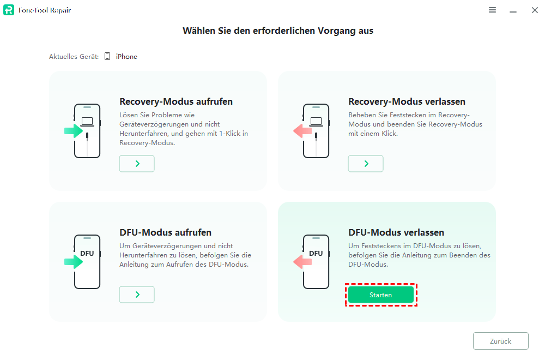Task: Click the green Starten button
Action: pos(380,295)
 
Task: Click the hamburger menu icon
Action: pos(492,10)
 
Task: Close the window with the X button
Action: pos(535,10)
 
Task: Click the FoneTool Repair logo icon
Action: pos(9,10)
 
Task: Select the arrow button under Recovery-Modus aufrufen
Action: pos(137,164)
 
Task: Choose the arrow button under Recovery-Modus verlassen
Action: pos(366,164)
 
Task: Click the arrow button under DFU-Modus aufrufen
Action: pos(137,295)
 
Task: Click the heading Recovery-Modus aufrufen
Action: pos(176,101)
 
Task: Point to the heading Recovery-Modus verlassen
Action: pos(407,101)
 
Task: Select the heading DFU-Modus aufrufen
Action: pos(166,232)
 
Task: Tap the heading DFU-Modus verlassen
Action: pos(396,232)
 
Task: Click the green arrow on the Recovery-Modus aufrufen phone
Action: pos(74,131)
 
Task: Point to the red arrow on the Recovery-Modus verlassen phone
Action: pos(302,131)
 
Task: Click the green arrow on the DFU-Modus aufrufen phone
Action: pos(74,262)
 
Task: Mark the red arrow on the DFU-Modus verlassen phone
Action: pos(302,262)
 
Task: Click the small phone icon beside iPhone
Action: pos(107,56)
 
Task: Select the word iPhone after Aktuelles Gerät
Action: pos(126,56)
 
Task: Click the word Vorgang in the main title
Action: pos(336,31)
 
